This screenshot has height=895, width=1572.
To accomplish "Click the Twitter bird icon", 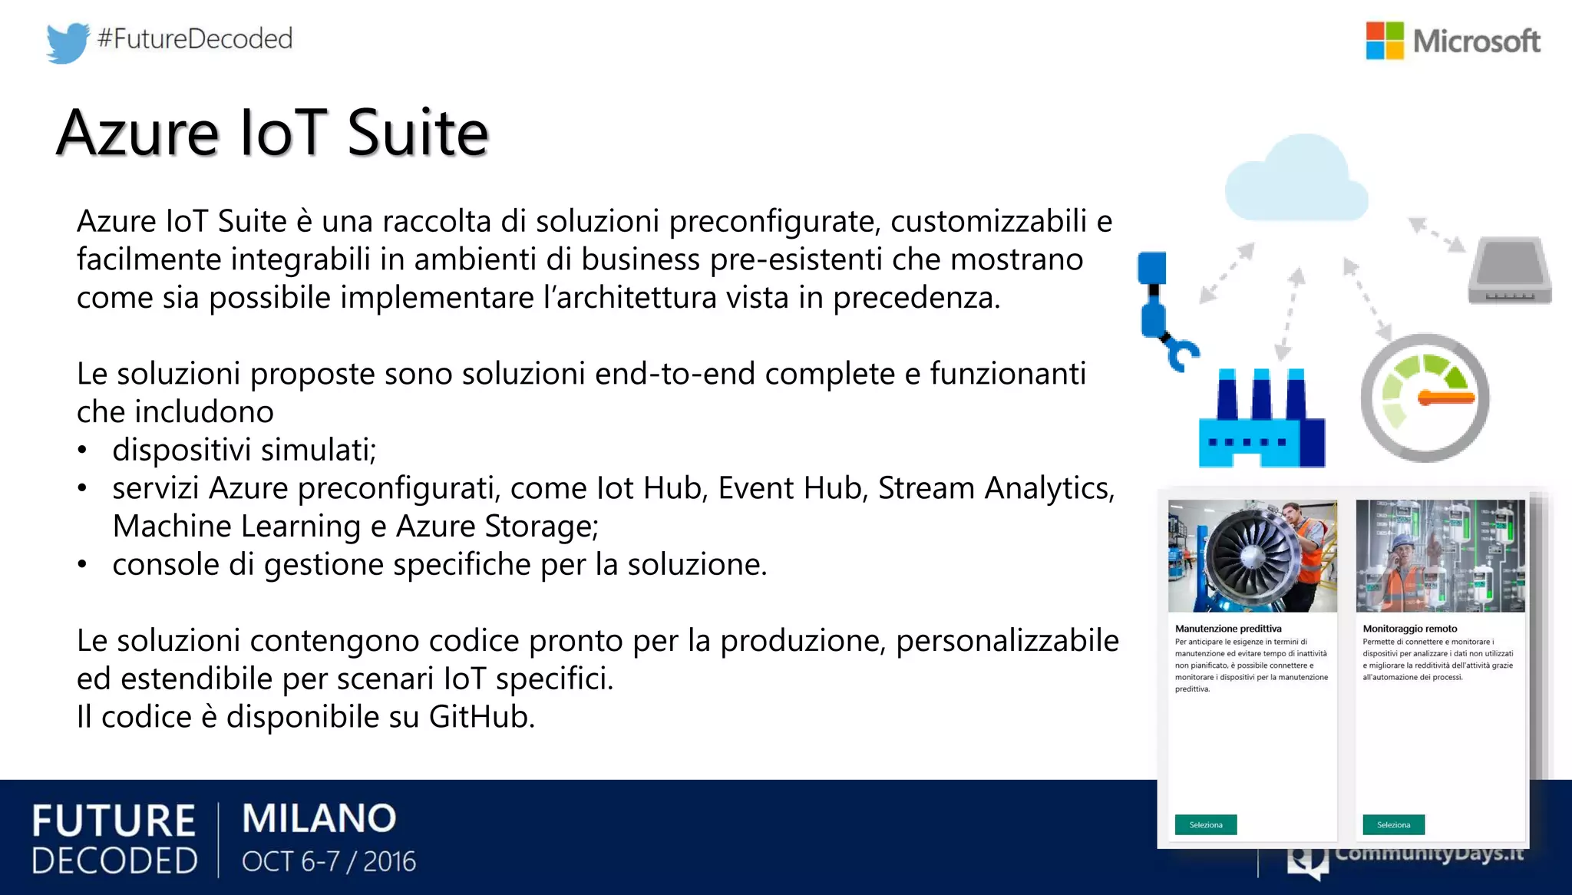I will click(x=68, y=42).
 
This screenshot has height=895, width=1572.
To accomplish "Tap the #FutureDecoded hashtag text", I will click(x=195, y=38).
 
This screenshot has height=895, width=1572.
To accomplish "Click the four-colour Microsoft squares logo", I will click(x=1385, y=41).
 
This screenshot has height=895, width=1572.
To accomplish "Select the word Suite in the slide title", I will click(x=418, y=133).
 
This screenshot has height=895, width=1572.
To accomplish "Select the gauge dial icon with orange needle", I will click(x=1425, y=398).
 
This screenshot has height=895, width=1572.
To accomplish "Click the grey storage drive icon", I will click(x=1510, y=271).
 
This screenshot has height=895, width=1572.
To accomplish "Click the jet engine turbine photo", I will click(x=1252, y=556).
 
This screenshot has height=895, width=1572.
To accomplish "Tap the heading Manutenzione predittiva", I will click(x=1228, y=629).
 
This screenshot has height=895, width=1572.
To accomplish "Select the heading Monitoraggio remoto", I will click(x=1410, y=629).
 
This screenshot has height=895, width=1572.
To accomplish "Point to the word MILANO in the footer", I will click(x=319, y=818).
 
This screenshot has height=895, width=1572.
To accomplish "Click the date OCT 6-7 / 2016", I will click(x=329, y=862).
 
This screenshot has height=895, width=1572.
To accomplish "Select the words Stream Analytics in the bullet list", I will click(x=995, y=488).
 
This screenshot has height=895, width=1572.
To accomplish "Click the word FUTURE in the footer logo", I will click(x=114, y=821).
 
